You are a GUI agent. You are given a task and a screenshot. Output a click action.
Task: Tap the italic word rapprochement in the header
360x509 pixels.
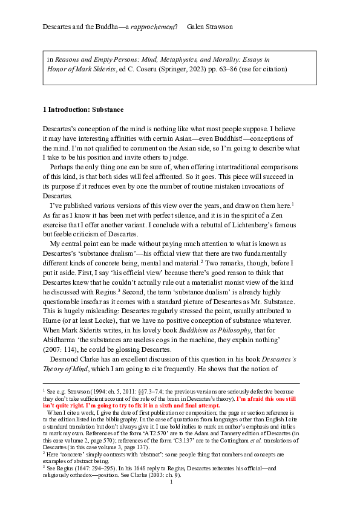click(156, 28)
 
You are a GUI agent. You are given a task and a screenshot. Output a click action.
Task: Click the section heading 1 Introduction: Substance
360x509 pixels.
click(83, 109)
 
